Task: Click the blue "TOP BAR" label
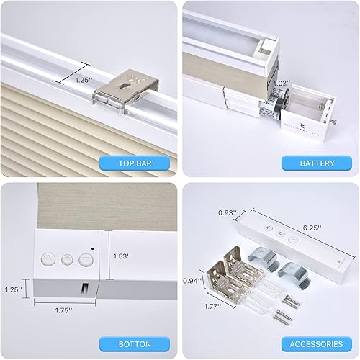tap(138, 163)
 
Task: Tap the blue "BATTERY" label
tap(317, 163)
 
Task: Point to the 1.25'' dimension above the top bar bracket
tap(84, 80)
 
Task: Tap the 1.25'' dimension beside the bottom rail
tap(12, 289)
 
